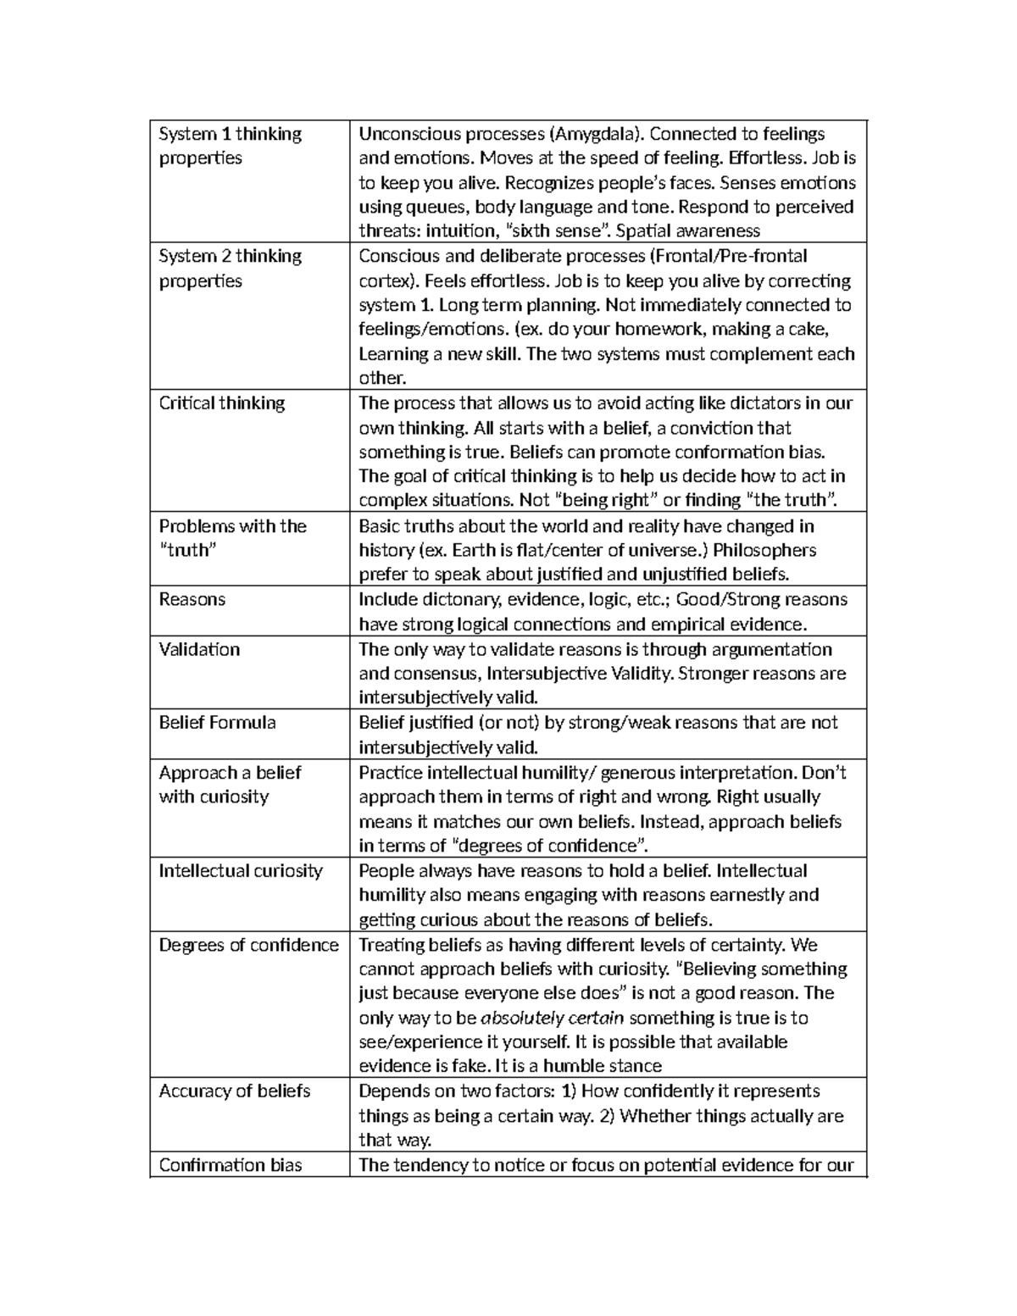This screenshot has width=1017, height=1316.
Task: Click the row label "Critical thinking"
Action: pos(221,403)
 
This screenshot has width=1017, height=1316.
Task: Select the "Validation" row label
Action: pos(199,649)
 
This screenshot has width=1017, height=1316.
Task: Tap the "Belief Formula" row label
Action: pos(217,723)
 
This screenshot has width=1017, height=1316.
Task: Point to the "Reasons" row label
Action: pos(192,599)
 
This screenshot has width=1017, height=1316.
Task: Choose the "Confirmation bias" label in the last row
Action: pos(231,1165)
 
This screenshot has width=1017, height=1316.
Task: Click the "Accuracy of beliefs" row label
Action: pos(234,1091)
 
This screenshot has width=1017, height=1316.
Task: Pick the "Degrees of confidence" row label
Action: pos(248,945)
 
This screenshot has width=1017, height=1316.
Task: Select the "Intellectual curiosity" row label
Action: pos(241,871)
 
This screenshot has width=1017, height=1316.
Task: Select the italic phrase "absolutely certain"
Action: pos(553,1018)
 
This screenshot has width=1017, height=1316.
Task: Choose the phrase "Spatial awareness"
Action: pos(688,231)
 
